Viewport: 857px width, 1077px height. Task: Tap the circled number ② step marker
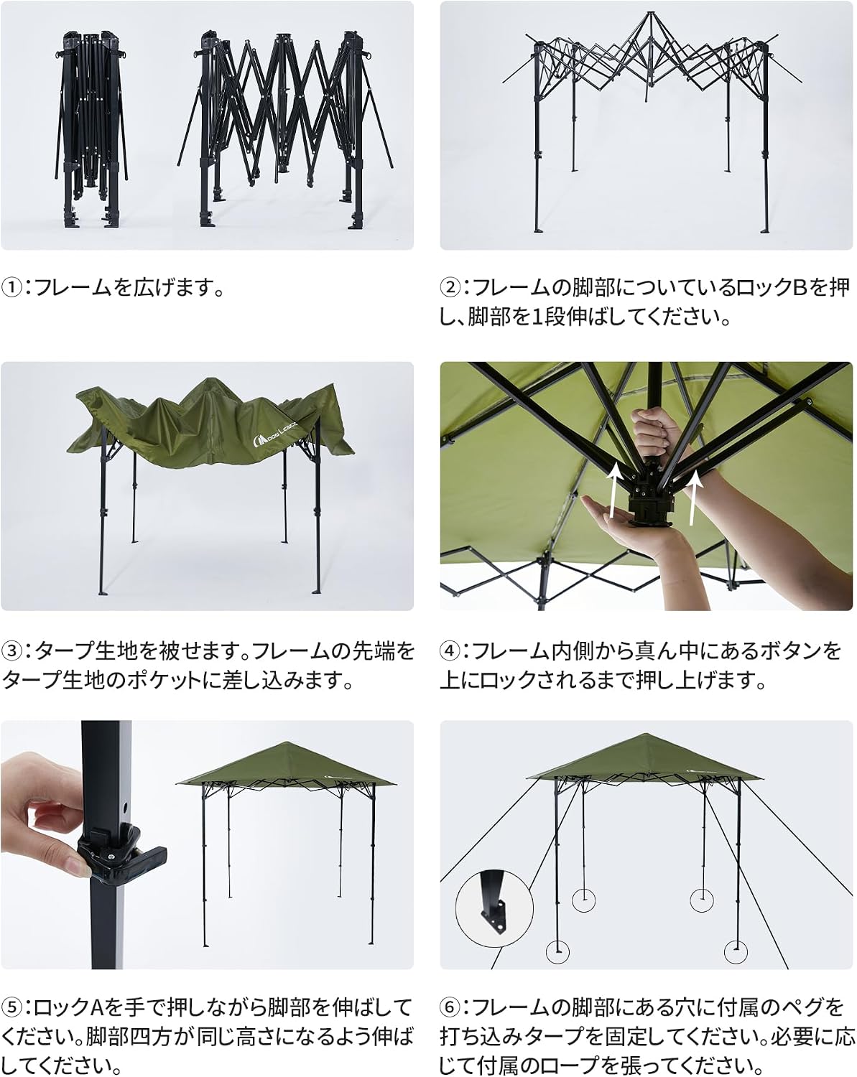pos(449,288)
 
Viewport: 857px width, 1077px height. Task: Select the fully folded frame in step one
pos(91,130)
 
